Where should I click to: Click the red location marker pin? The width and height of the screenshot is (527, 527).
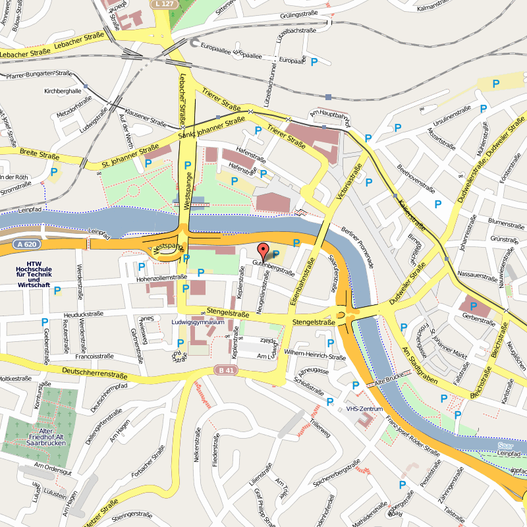click(263, 252)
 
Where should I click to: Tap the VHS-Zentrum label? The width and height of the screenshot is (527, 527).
click(364, 409)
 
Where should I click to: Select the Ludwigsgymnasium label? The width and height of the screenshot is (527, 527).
click(198, 323)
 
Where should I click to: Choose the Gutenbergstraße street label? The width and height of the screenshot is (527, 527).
click(273, 270)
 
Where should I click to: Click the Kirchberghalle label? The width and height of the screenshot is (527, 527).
click(63, 91)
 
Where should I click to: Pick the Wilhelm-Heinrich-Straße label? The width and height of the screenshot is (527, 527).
click(315, 356)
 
